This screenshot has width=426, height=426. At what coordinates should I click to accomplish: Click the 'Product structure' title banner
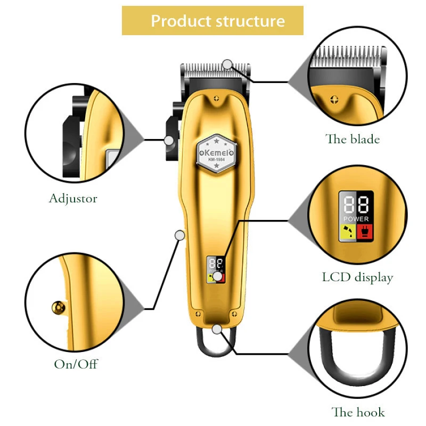tap(212, 21)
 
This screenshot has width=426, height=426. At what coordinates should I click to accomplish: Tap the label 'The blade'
tap(353, 140)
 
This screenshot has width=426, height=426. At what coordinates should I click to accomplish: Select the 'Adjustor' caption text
tap(73, 199)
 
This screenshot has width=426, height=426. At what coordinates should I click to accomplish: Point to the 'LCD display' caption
tap(357, 277)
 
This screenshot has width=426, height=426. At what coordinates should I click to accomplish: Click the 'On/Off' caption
tap(76, 365)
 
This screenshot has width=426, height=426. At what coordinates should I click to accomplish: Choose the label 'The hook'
tap(358, 412)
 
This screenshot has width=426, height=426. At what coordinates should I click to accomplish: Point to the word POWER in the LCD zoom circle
tap(356, 219)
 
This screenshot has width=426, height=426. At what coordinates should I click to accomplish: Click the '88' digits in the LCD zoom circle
tap(356, 204)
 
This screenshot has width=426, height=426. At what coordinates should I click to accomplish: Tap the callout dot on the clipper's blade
tap(228, 65)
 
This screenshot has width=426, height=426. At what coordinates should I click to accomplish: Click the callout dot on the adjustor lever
tap(169, 140)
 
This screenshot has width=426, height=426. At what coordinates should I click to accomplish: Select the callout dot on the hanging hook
tap(216, 329)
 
